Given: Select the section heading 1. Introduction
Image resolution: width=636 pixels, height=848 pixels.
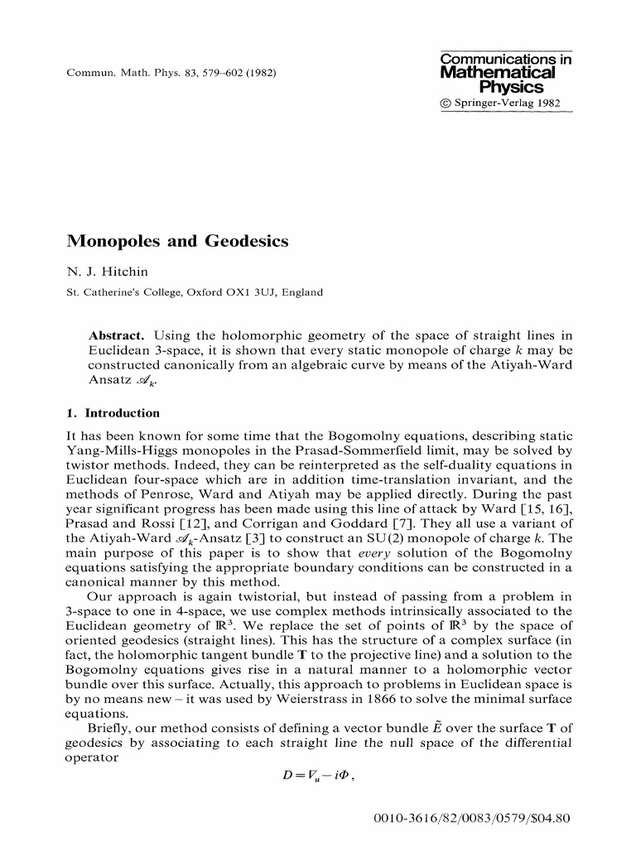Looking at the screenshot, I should click(x=113, y=412).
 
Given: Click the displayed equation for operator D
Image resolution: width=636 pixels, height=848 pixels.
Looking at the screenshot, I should click(x=318, y=774).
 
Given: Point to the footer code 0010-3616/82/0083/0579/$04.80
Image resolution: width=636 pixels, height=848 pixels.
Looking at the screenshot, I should click(x=473, y=819).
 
